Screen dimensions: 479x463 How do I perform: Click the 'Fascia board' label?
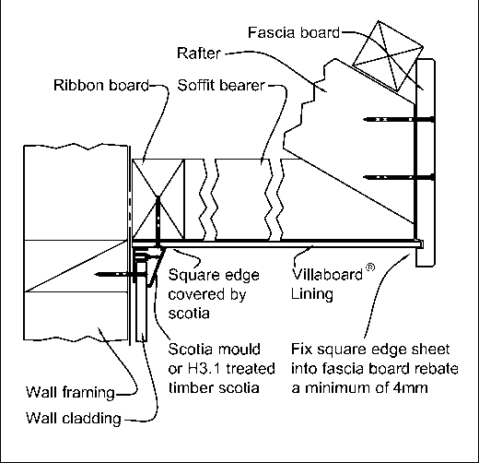(294, 32)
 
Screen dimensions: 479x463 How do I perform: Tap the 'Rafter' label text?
(199, 53)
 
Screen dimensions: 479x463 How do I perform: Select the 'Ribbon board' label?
(101, 85)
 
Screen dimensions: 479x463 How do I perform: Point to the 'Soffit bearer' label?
(221, 85)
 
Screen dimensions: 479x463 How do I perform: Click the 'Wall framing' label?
(70, 393)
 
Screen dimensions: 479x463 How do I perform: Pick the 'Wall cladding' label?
(74, 419)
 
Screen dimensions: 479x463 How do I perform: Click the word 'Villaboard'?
(327, 274)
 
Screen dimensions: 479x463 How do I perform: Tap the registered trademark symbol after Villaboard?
(370, 267)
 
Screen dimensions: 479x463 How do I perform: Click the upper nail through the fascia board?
(399, 119)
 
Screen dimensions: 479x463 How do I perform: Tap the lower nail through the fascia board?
(399, 177)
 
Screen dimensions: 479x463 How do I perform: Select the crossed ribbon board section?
(158, 199)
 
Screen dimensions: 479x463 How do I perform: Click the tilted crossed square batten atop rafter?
(388, 55)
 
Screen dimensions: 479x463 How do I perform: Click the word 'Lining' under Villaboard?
(312, 294)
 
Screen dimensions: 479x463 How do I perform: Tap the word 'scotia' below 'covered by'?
(189, 314)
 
